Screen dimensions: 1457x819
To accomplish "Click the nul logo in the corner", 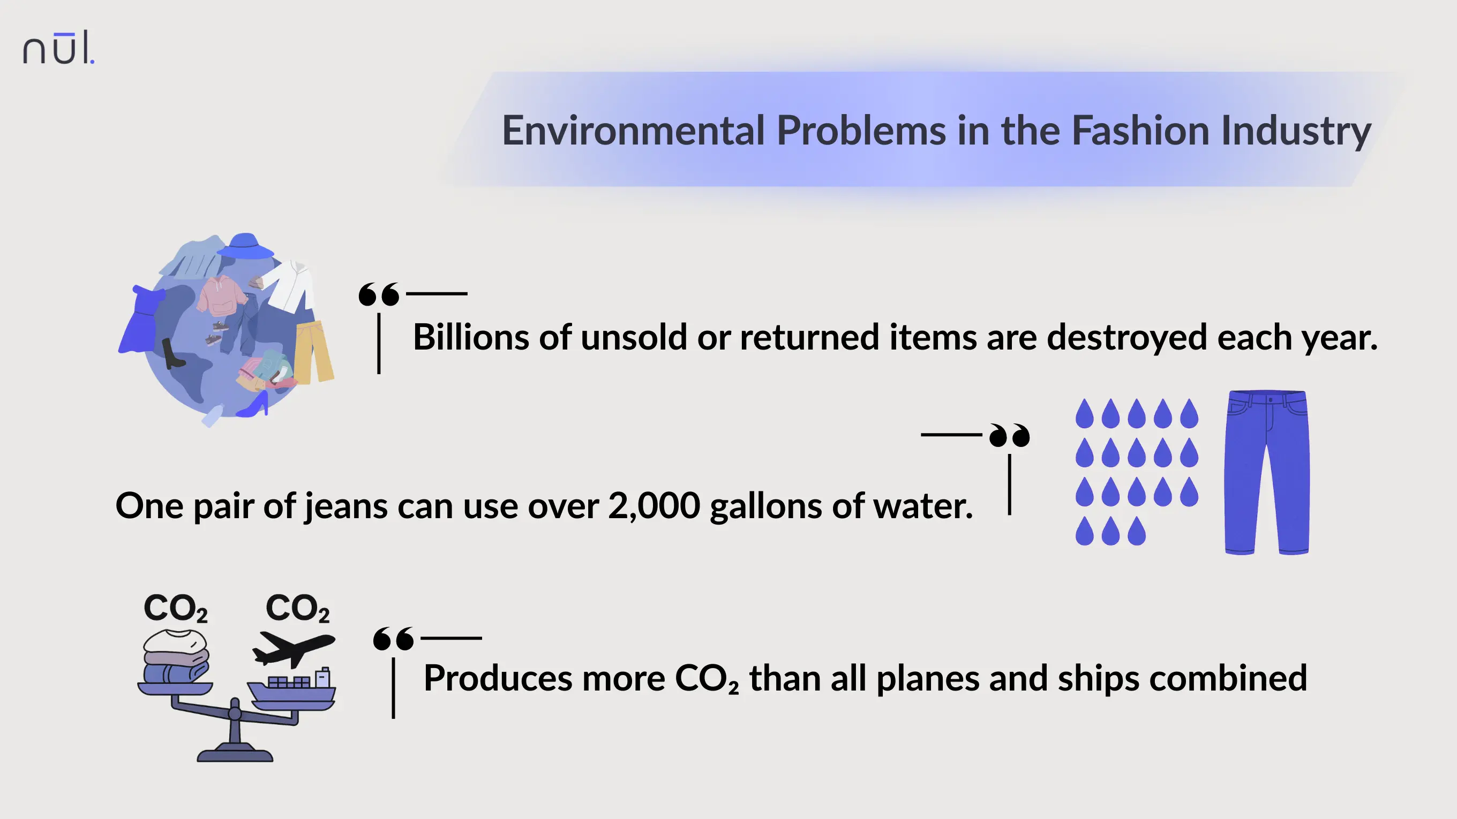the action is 58,48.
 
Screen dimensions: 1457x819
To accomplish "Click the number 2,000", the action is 654,505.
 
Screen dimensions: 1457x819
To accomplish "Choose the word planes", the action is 927,678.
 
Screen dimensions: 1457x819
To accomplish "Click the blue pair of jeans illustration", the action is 1267,473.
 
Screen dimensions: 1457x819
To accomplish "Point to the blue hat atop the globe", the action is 245,246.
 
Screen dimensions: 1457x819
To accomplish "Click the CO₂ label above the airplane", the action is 297,608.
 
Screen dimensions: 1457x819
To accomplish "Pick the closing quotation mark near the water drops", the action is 1010,435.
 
